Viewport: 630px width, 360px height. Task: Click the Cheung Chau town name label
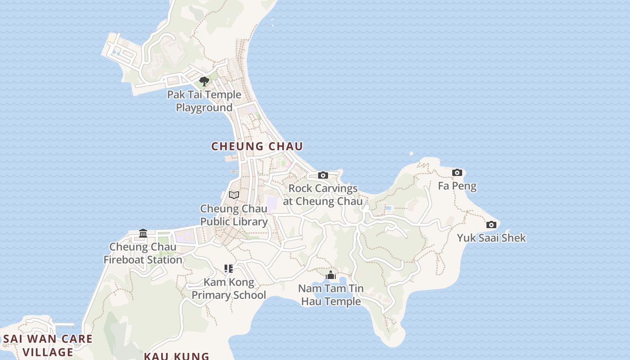257,146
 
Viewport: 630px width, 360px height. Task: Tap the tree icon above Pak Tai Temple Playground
204,81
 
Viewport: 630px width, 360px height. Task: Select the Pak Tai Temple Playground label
204,101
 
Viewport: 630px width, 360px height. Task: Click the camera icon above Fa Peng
457,172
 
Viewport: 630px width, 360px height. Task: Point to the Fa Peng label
457,186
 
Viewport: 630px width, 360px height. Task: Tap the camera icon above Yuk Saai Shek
491,225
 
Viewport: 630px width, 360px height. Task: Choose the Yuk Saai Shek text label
491,238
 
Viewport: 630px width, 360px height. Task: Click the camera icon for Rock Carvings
323,175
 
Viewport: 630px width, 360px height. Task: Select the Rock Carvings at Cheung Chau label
323,195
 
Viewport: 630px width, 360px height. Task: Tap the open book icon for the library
234,195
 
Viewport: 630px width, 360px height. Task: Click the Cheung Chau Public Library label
234,215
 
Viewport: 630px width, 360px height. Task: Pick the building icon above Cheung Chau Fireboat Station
143,233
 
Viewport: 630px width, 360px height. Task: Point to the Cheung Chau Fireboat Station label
143,253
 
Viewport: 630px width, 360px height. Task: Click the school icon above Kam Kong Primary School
229,269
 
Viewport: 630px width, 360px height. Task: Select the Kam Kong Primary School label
229,289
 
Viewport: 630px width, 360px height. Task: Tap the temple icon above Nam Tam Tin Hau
331,275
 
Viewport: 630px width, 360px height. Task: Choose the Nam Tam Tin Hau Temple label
331,295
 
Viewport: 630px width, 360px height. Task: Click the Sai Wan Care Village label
48,345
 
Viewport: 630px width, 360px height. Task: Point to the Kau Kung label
176,356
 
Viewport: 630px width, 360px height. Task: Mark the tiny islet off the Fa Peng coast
411,154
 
